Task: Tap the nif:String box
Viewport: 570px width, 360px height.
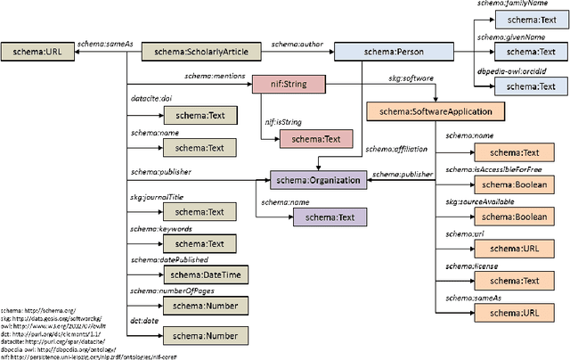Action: pos(289,84)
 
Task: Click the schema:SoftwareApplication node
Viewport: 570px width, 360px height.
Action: pos(436,112)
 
